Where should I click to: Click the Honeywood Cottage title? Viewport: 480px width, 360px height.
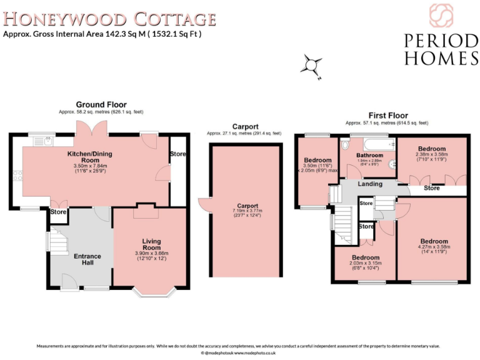(x=109, y=18)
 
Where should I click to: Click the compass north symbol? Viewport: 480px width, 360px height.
(x=311, y=64)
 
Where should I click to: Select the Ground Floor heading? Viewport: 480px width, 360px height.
(x=101, y=104)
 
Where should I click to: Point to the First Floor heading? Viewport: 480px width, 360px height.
(x=387, y=116)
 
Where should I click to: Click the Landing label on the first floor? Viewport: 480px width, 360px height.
(x=370, y=184)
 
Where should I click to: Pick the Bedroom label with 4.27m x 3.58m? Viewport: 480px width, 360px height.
(x=433, y=241)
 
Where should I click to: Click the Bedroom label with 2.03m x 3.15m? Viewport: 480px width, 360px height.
(x=365, y=257)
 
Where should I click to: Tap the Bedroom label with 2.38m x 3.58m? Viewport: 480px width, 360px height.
(x=432, y=149)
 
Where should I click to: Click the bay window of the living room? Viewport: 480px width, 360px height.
(x=150, y=289)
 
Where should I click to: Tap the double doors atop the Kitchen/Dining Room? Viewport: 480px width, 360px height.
(x=86, y=128)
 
